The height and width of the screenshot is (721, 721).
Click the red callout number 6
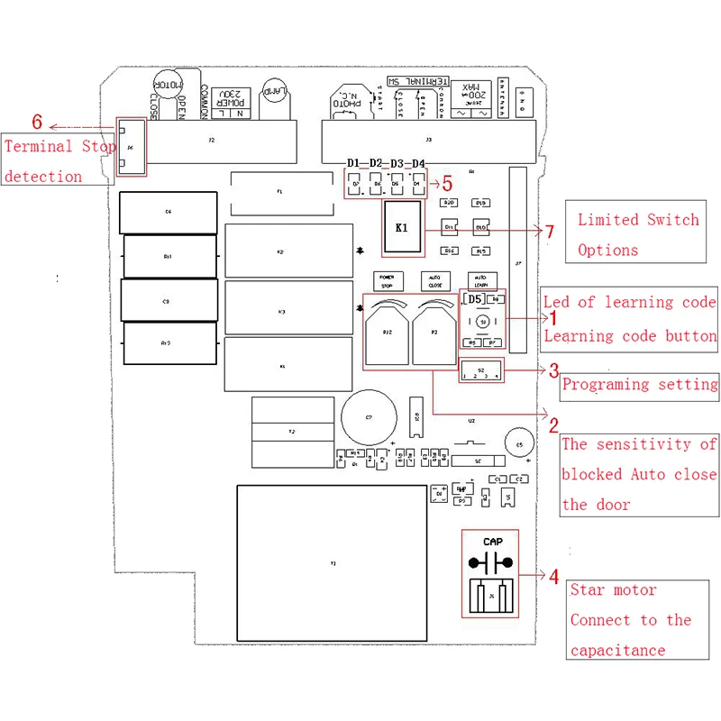click(37, 122)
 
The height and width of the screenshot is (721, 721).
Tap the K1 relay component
click(402, 227)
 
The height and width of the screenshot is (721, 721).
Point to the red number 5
click(446, 184)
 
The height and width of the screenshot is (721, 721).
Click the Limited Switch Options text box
click(638, 234)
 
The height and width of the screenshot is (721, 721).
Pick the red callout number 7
click(550, 232)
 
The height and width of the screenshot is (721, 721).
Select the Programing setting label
click(640, 384)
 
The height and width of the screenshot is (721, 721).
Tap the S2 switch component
click(481, 370)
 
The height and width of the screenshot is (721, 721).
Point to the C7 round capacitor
click(369, 417)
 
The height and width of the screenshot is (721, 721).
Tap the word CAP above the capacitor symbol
click(492, 542)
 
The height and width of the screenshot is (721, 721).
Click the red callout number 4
click(553, 577)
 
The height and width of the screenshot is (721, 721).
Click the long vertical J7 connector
click(517, 260)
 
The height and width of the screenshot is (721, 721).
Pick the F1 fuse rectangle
click(278, 193)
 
